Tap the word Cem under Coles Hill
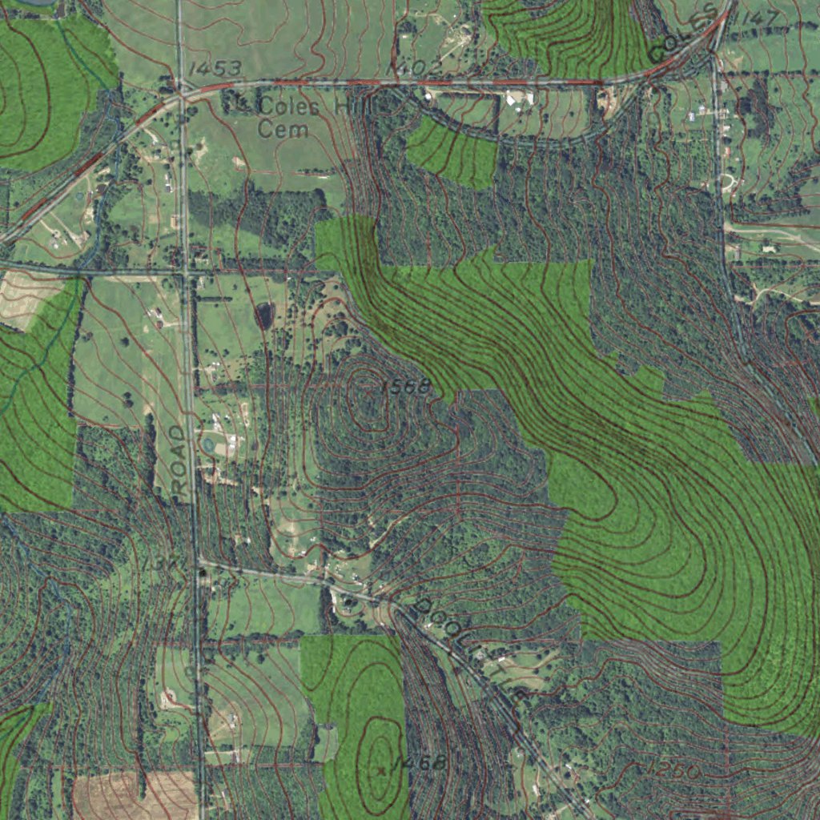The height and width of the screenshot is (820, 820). pos(283,129)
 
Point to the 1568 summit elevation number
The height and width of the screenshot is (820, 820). pos(405,388)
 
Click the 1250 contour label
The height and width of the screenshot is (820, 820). pos(671,770)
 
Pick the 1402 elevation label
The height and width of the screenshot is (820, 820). pos(413,70)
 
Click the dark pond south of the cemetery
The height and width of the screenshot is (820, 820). pos(263,315)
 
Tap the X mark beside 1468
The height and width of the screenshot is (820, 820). pos(382,770)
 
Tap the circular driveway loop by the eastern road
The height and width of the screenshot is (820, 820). pos(727,183)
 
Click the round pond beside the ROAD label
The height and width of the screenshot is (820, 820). pos(209,442)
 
